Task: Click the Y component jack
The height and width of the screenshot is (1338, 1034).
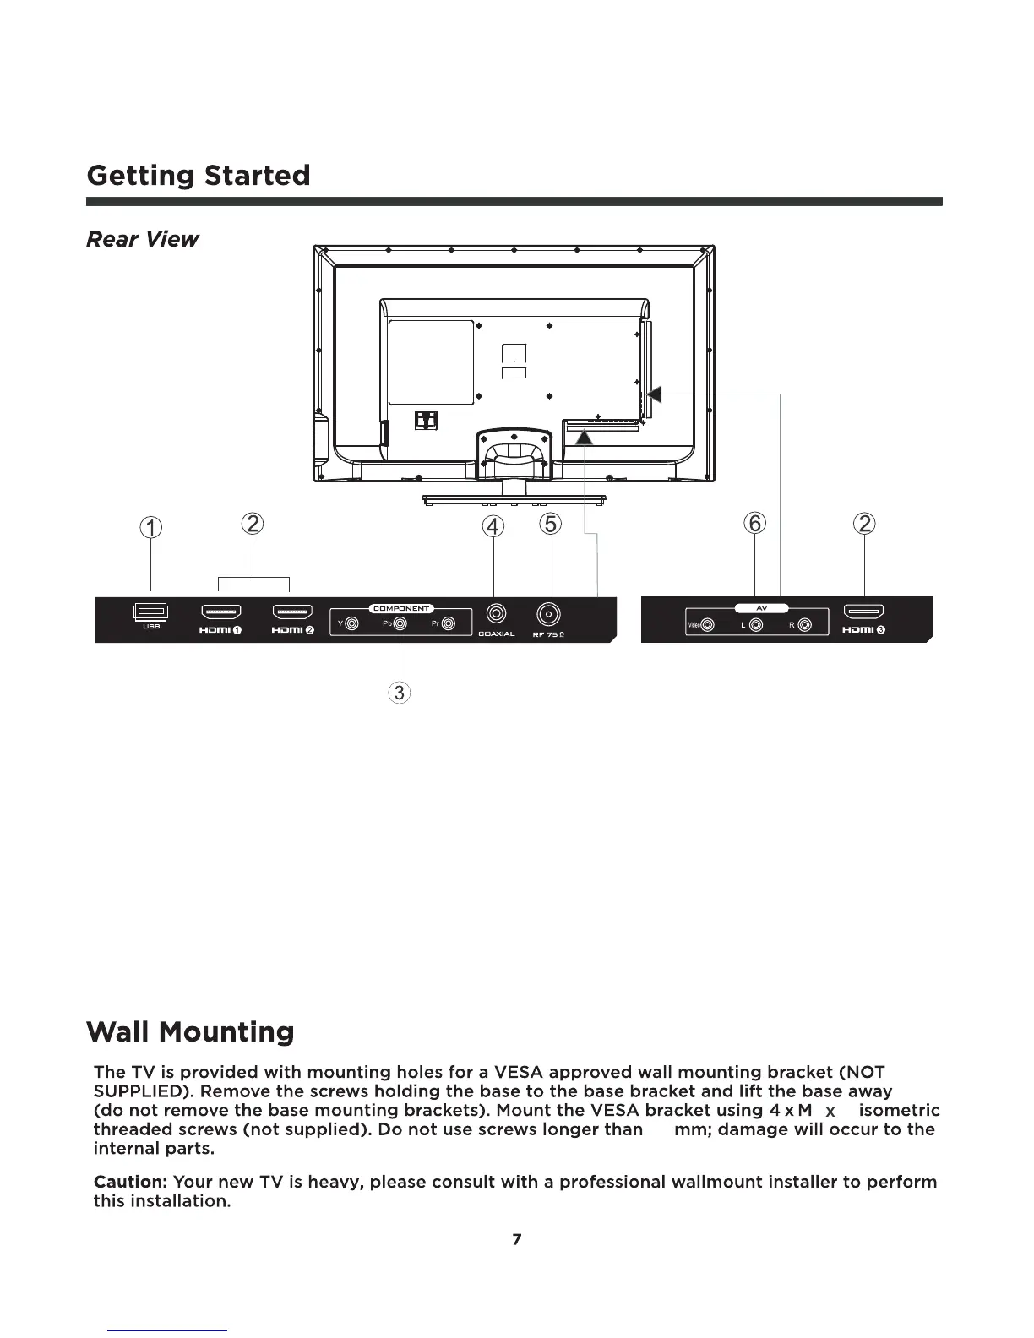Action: coord(353,625)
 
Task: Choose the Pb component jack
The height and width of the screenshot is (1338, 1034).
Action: coord(401,625)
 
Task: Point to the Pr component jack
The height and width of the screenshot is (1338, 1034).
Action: coord(449,625)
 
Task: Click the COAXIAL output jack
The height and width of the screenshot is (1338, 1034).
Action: coord(495,614)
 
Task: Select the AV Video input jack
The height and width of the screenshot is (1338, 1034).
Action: coord(708,626)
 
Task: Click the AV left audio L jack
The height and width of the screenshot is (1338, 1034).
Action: coord(756,626)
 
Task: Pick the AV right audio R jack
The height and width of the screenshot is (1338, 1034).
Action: coord(804,626)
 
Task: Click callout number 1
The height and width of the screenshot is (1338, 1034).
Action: coord(150,528)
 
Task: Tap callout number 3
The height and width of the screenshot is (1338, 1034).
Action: coord(399,693)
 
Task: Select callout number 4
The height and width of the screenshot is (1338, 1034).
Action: coord(493,526)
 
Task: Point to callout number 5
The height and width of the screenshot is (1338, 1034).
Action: coord(551,524)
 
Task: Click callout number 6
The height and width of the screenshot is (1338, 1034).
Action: coord(754,524)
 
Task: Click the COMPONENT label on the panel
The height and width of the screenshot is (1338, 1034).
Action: coord(402,608)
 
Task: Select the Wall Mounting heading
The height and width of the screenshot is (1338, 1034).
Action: coord(191,1032)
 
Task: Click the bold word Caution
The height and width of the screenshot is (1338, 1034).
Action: coord(130,1182)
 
